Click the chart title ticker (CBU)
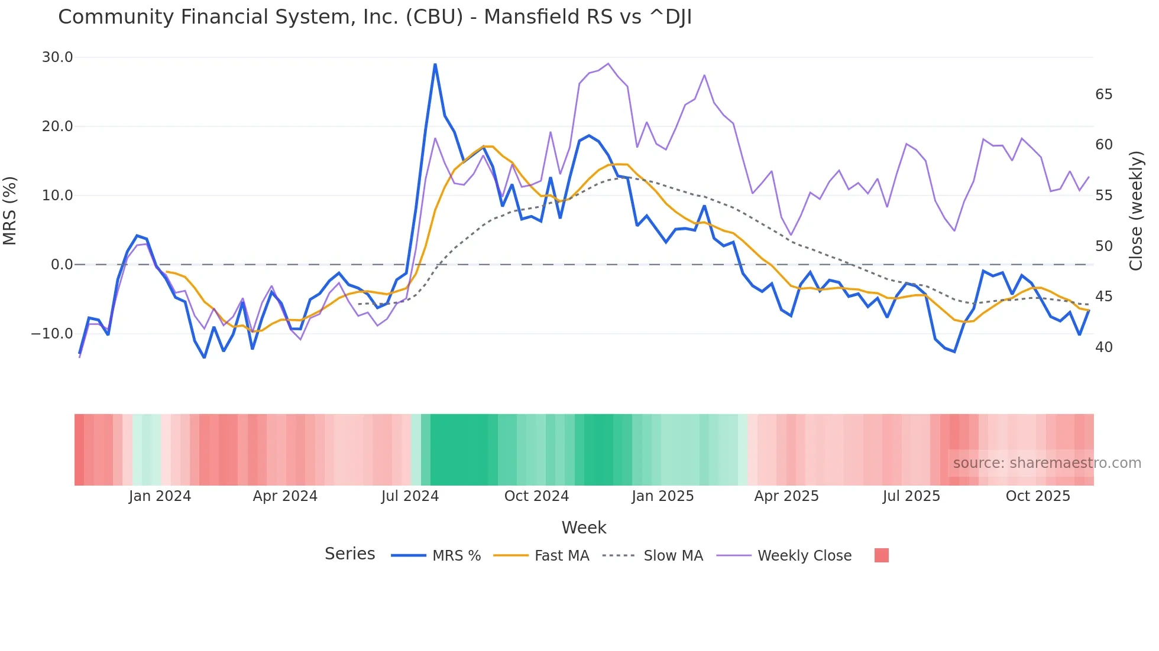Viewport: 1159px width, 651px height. [x=434, y=17]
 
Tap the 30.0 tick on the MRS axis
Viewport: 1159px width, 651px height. [x=57, y=57]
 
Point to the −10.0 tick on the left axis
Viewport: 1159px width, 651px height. [x=53, y=334]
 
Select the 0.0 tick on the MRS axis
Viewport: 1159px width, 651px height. [x=62, y=265]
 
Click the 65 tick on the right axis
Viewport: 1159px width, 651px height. [x=1103, y=95]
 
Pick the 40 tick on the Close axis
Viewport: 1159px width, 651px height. [x=1103, y=347]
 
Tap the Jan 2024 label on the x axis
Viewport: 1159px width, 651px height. [x=160, y=496]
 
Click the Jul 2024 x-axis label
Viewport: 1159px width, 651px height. [x=410, y=496]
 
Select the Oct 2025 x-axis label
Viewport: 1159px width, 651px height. [x=1038, y=496]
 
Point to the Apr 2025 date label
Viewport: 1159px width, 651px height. [x=786, y=496]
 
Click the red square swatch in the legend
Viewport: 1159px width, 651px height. [x=881, y=555]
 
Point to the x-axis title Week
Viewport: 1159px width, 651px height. [x=584, y=528]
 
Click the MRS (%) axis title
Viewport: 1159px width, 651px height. [x=10, y=210]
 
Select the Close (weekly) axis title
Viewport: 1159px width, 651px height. [x=1136, y=210]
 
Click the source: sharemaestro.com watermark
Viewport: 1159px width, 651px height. [x=1047, y=463]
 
